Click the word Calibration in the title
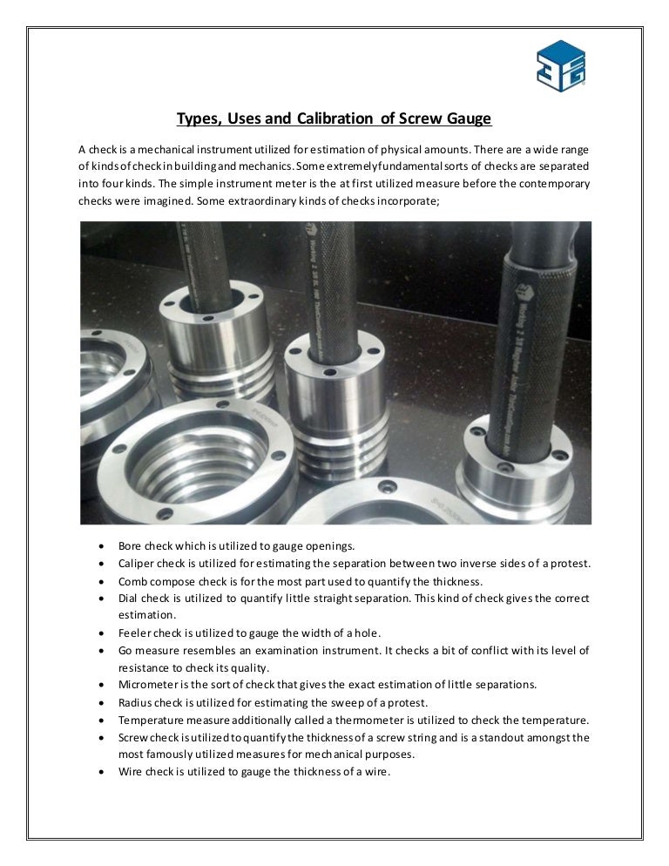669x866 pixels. click(334, 118)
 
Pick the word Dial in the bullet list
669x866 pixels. click(129, 599)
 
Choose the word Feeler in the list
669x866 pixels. click(135, 633)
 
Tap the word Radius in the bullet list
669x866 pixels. click(135, 702)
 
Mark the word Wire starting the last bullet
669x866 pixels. click(131, 772)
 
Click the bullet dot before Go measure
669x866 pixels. click(104, 651)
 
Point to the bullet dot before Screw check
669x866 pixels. click(104, 738)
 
